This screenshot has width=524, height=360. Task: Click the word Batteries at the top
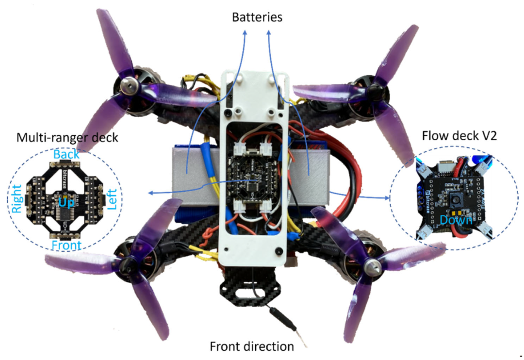[x=257, y=17]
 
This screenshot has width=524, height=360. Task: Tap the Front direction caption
[x=251, y=346]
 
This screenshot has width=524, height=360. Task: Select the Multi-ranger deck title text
[x=67, y=138]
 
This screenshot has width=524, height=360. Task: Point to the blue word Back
[x=66, y=155]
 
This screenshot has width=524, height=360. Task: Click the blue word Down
[x=456, y=220]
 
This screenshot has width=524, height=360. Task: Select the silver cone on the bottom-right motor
[x=372, y=265]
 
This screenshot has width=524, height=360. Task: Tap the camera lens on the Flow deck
[x=457, y=199]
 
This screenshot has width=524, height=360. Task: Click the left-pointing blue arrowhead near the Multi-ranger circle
[x=150, y=193]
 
